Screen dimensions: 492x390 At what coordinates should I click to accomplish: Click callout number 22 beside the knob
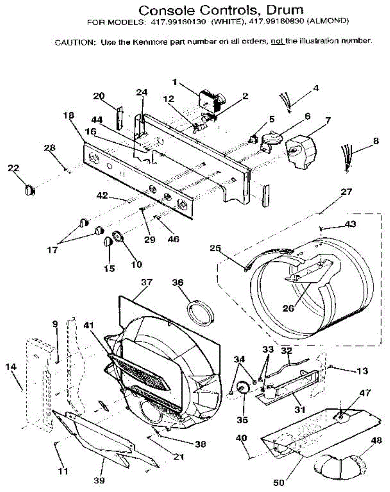pyautogui.click(x=14, y=168)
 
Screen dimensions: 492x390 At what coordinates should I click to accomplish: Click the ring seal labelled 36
pyautogui.click(x=201, y=311)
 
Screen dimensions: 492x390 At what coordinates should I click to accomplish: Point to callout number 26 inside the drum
pyautogui.click(x=288, y=307)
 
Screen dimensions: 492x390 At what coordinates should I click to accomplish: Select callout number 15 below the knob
pyautogui.click(x=109, y=269)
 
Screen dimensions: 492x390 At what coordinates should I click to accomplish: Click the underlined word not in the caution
pyautogui.click(x=277, y=41)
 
